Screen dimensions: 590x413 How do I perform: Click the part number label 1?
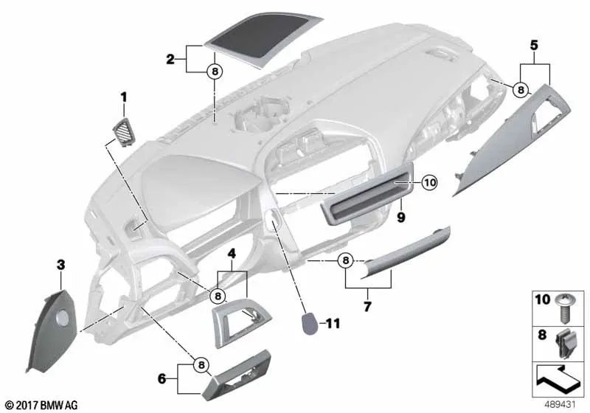[123, 97]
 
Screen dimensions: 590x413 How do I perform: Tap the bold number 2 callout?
[170, 59]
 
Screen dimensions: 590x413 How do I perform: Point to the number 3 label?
[60, 265]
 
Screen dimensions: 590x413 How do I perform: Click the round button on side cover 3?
[62, 318]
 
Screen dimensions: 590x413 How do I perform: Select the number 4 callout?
[232, 254]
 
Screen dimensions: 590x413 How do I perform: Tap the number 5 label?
[534, 45]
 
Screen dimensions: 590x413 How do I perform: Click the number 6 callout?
[162, 379]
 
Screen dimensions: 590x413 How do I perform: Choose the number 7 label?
[367, 306]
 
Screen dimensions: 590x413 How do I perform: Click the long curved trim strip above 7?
[404, 253]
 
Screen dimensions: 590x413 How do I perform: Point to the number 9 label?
[401, 217]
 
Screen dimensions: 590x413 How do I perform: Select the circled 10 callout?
[430, 183]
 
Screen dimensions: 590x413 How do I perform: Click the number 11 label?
[333, 323]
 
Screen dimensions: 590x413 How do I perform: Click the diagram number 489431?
[560, 405]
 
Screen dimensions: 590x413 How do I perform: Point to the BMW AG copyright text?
[42, 405]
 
